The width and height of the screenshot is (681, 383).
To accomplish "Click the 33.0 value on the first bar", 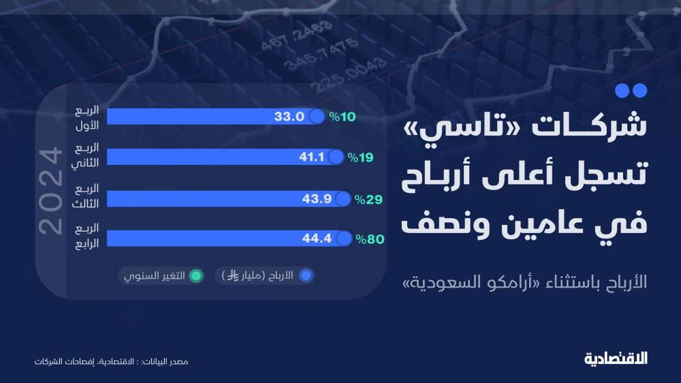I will [x=289, y=117].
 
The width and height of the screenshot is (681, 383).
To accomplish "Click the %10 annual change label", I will [x=343, y=117].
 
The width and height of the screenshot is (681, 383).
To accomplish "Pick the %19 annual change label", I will [x=360, y=157].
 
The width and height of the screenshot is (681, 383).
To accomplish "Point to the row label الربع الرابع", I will [x=86, y=236].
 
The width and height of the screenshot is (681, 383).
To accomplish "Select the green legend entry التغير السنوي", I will [x=161, y=275].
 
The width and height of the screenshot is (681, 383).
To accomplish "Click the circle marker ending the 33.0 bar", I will [x=317, y=117].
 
